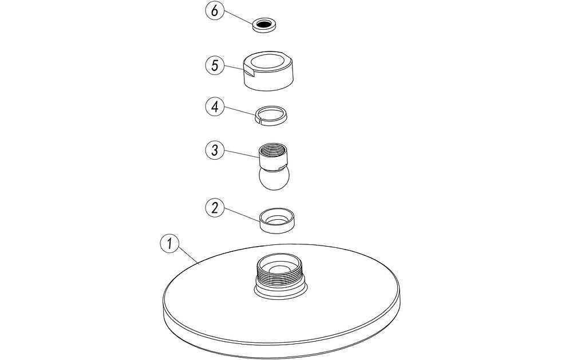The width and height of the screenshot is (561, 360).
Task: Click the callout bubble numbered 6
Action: coord(214,11)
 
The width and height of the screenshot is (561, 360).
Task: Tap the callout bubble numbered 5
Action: coord(215,66)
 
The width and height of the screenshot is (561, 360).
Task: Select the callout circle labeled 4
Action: coord(215,107)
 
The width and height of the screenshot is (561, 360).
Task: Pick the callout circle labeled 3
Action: coord(215,150)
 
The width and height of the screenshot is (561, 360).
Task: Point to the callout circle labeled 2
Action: coord(215,208)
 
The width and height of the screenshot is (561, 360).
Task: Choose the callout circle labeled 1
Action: coord(169,243)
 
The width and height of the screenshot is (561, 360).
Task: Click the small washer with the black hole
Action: coord(266,25)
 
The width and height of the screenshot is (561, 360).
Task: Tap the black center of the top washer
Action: coord(266,24)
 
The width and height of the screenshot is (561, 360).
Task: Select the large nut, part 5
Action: coord(269,70)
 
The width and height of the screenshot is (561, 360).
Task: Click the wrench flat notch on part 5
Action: coord(248,71)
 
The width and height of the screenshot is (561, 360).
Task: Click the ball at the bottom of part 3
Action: coord(274,179)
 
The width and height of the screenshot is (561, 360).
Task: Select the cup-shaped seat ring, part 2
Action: coord(276,221)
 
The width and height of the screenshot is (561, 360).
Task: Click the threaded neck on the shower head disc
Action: coord(281,276)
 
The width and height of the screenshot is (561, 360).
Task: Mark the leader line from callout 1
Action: coord(188,256)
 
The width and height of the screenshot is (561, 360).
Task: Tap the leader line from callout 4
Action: coord(240,112)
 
